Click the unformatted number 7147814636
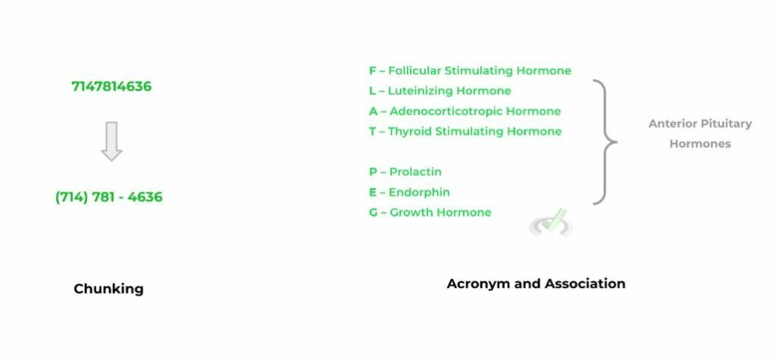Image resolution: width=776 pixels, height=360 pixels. click(x=111, y=86)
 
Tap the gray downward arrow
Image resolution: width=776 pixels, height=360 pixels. click(x=111, y=141)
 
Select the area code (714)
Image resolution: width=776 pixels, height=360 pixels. click(x=72, y=197)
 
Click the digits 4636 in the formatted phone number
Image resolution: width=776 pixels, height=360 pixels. click(x=145, y=197)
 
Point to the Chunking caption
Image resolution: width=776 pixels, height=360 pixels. click(x=108, y=289)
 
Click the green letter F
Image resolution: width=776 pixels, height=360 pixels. click(x=373, y=70)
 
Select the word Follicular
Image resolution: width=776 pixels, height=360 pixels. click(x=415, y=70)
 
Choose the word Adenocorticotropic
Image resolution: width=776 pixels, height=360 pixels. click(x=446, y=111)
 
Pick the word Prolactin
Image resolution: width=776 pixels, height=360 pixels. click(x=415, y=172)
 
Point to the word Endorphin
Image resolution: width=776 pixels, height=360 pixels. click(x=419, y=193)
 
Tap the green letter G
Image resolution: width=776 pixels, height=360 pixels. click(x=373, y=212)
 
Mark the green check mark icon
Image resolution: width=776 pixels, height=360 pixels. click(x=552, y=223)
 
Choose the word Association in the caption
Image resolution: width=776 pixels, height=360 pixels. click(x=586, y=283)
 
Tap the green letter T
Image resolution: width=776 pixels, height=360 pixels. click(x=373, y=132)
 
